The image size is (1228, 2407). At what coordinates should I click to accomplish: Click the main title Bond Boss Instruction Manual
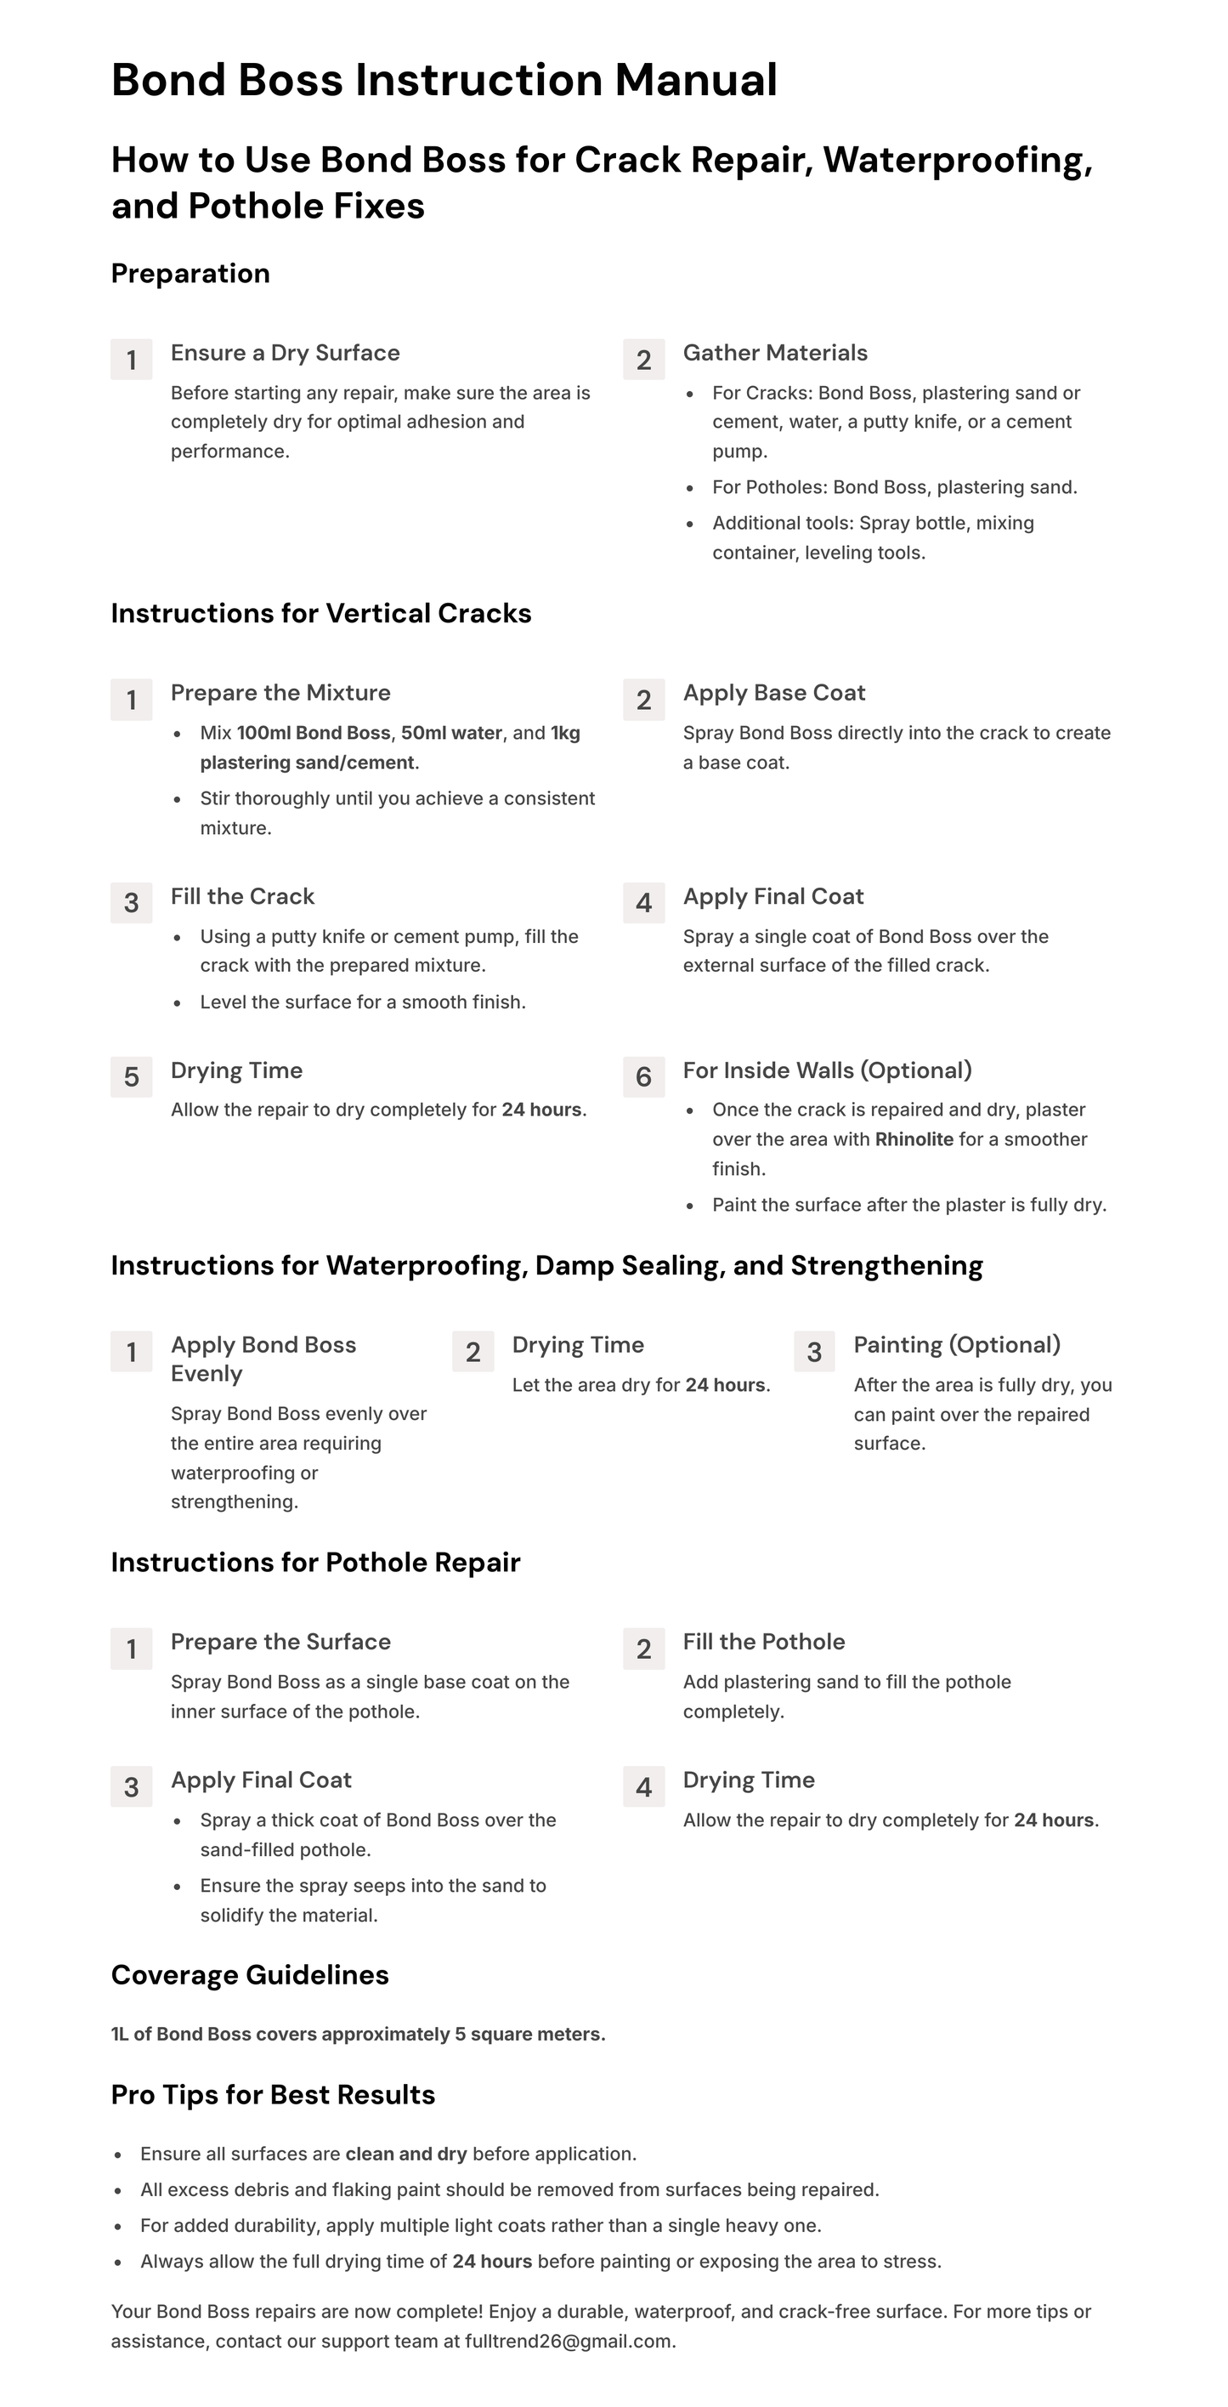tap(444, 81)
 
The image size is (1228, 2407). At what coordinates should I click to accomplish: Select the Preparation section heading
tap(190, 274)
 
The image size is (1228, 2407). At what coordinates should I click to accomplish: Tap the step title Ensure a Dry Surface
tap(285, 353)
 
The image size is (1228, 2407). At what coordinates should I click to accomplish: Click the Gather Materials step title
tap(775, 353)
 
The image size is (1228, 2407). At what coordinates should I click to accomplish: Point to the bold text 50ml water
tap(451, 734)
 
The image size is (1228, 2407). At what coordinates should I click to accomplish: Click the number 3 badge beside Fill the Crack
tap(132, 903)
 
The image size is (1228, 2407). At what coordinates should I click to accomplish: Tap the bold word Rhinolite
tap(914, 1140)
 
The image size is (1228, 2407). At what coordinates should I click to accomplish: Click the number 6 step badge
tap(643, 1076)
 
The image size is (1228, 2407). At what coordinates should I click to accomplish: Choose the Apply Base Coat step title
tap(774, 693)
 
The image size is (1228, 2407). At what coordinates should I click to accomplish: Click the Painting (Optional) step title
tap(957, 1346)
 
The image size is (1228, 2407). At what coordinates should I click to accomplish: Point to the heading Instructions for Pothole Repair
tap(315, 1564)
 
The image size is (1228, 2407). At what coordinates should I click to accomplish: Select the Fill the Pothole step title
tap(764, 1643)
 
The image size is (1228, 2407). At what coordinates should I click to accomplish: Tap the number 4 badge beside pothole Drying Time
tap(643, 1786)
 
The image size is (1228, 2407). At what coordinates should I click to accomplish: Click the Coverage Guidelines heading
tap(250, 1975)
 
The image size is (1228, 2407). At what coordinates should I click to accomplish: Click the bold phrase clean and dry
tap(405, 2154)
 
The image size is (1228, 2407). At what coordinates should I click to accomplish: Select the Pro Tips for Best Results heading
tap(273, 2095)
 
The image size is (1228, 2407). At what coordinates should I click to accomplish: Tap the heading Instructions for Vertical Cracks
tap(321, 614)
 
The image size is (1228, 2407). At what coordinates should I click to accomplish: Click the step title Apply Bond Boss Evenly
tap(263, 1360)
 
